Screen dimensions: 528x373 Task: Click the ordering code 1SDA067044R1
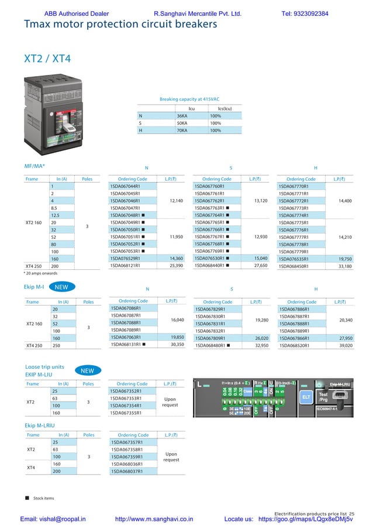125,186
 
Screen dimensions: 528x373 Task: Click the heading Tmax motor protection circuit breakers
120,24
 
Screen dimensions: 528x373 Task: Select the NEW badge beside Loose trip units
87,371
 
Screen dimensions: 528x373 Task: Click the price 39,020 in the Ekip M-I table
345,345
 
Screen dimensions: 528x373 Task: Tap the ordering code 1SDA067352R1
126,391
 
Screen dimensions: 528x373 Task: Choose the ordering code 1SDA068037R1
126,471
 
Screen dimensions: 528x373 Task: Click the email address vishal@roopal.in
53,519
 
